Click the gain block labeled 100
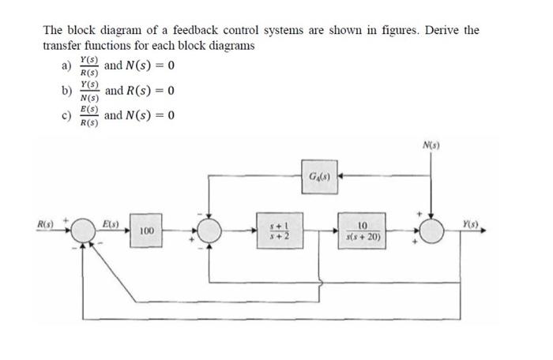(x=145, y=231)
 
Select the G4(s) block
(x=316, y=174)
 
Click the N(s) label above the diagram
(x=431, y=146)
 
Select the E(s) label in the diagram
(x=110, y=225)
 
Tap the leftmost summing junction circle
(x=82, y=231)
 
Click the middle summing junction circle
(x=209, y=231)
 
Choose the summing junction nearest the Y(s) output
(x=432, y=231)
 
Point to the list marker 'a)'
(x=66, y=66)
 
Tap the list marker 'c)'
(x=66, y=116)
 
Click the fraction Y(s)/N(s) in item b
(x=89, y=90)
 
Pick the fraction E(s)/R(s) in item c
(x=89, y=116)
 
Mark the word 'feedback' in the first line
(x=176, y=30)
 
